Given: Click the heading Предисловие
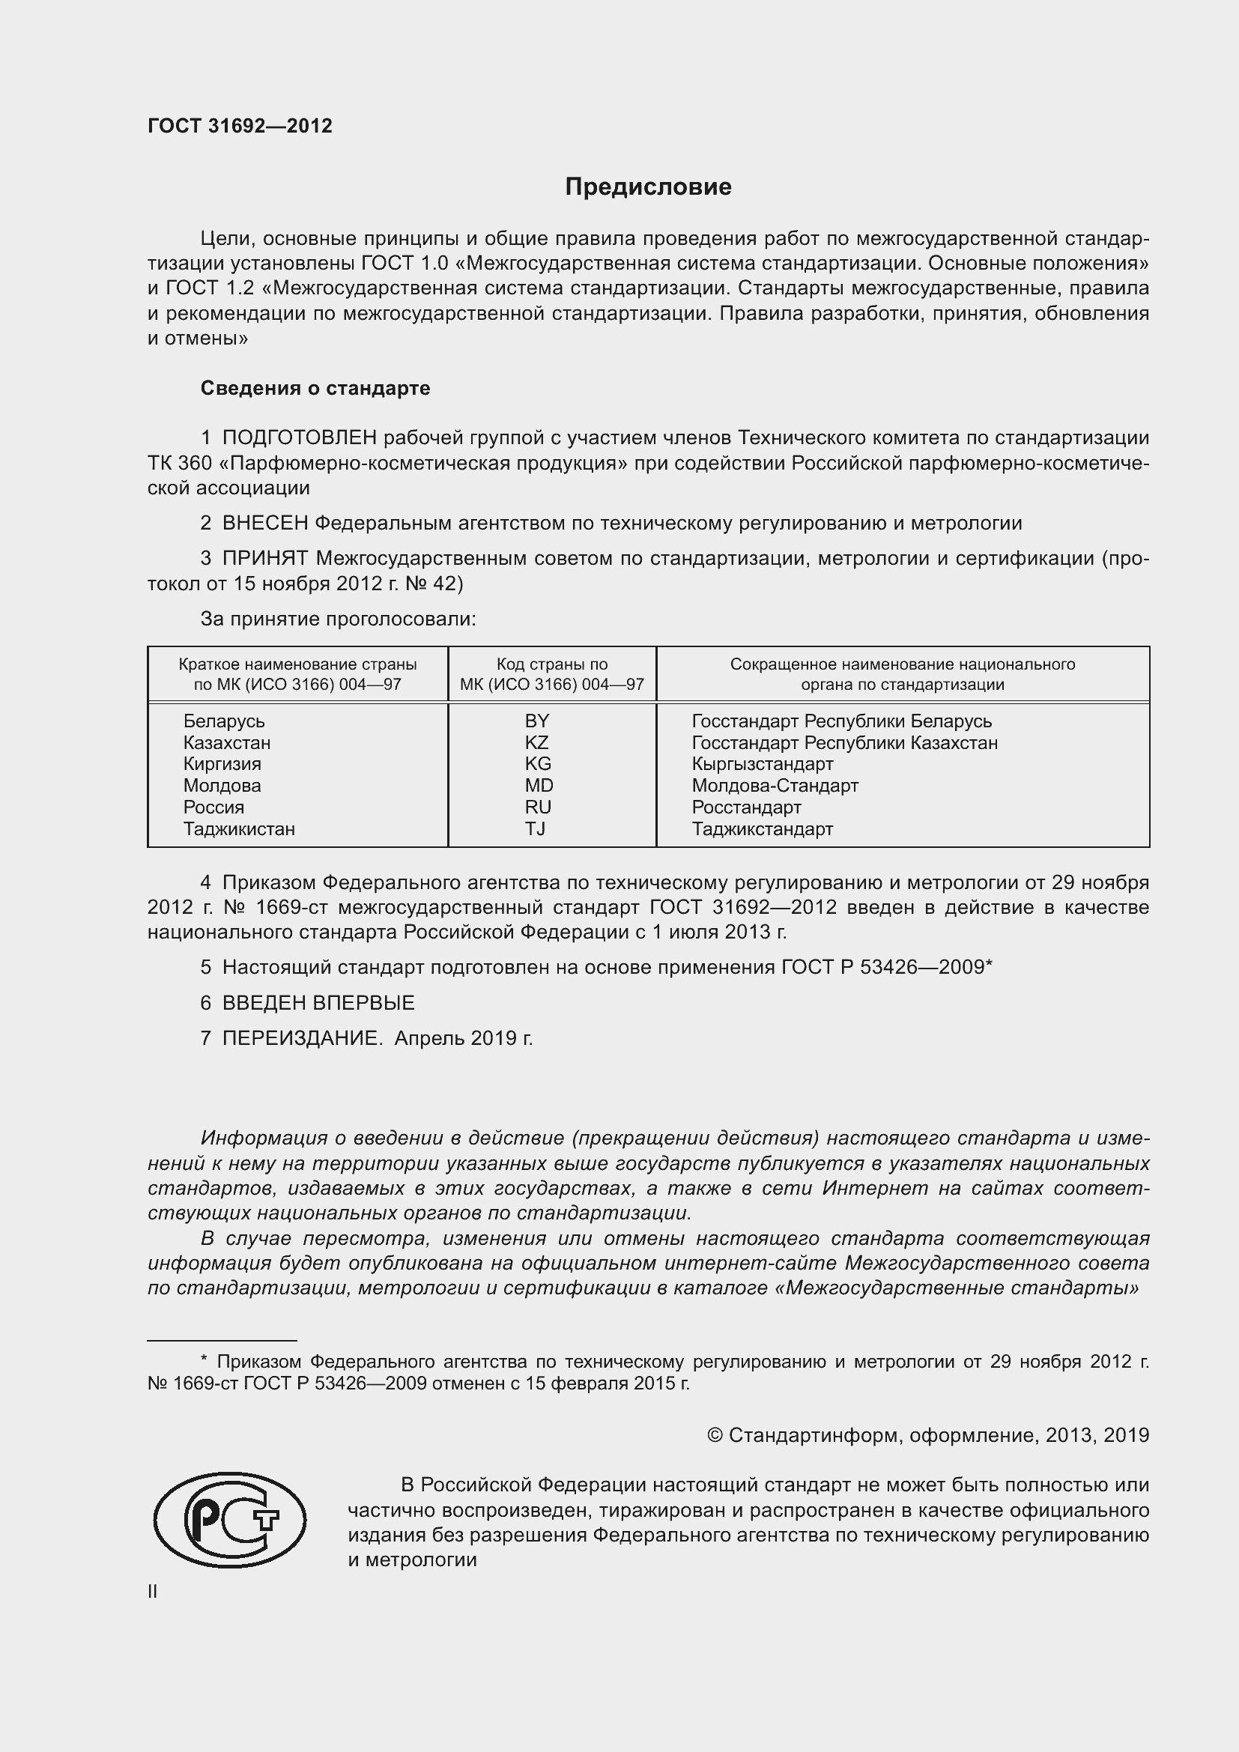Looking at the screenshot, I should coord(648,187).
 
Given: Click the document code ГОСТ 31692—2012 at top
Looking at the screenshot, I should coord(240,126).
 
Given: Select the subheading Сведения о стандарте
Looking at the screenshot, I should coord(315,389).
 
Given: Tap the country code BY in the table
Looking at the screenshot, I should coord(537,721).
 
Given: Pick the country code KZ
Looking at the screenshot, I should coord(537,742).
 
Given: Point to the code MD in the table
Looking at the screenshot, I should coord(539,785).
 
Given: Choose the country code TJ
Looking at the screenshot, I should coord(536,828).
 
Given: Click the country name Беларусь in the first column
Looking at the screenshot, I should coord(223,721).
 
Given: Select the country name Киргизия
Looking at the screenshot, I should coord(222,764).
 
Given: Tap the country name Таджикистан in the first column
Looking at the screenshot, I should coord(239,828).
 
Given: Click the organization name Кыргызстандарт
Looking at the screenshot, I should coord(762,764).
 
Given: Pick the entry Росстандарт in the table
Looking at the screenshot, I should coord(746,807).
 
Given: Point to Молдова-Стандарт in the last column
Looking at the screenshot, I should coord(775,785).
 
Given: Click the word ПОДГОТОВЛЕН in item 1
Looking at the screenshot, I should coord(300,437).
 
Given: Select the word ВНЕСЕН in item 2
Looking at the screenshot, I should coord(265,524).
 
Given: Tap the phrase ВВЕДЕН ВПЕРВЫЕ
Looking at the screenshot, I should coord(318,1003).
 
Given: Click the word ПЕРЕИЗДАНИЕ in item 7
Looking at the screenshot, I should coord(302,1037).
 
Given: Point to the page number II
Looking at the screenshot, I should coord(153,1592).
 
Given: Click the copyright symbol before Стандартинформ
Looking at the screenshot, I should coord(714,1435).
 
